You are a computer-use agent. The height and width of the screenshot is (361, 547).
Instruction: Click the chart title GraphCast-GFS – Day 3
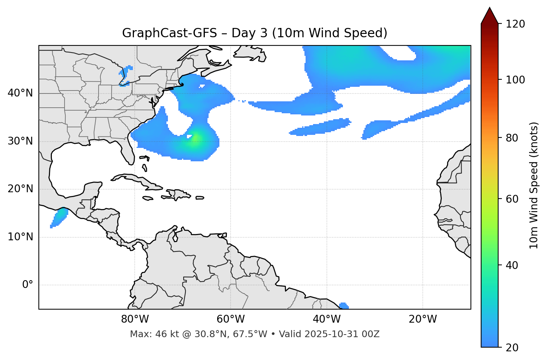pos(254,33)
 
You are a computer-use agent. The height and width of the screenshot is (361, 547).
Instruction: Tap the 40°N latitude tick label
pos(20,93)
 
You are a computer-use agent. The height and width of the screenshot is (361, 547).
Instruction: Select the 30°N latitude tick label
pos(20,141)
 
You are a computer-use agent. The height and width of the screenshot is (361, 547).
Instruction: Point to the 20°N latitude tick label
pos(20,189)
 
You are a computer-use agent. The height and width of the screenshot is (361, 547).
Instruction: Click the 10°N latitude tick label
pos(20,237)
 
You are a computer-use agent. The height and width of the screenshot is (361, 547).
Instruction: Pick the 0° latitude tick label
pos(27,285)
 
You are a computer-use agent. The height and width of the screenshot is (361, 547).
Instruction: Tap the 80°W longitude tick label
pos(135,319)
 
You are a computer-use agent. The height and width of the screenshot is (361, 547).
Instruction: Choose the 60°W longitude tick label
pos(231,319)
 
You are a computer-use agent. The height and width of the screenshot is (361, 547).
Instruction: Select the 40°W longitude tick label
pos(326,319)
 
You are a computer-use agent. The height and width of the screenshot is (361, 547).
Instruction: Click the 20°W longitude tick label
pos(422,319)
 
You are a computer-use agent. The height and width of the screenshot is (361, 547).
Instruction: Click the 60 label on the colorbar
pos(512,199)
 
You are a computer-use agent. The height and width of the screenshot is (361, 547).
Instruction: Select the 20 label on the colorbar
pos(512,348)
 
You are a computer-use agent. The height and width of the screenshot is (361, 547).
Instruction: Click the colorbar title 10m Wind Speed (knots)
pos(534,185)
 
